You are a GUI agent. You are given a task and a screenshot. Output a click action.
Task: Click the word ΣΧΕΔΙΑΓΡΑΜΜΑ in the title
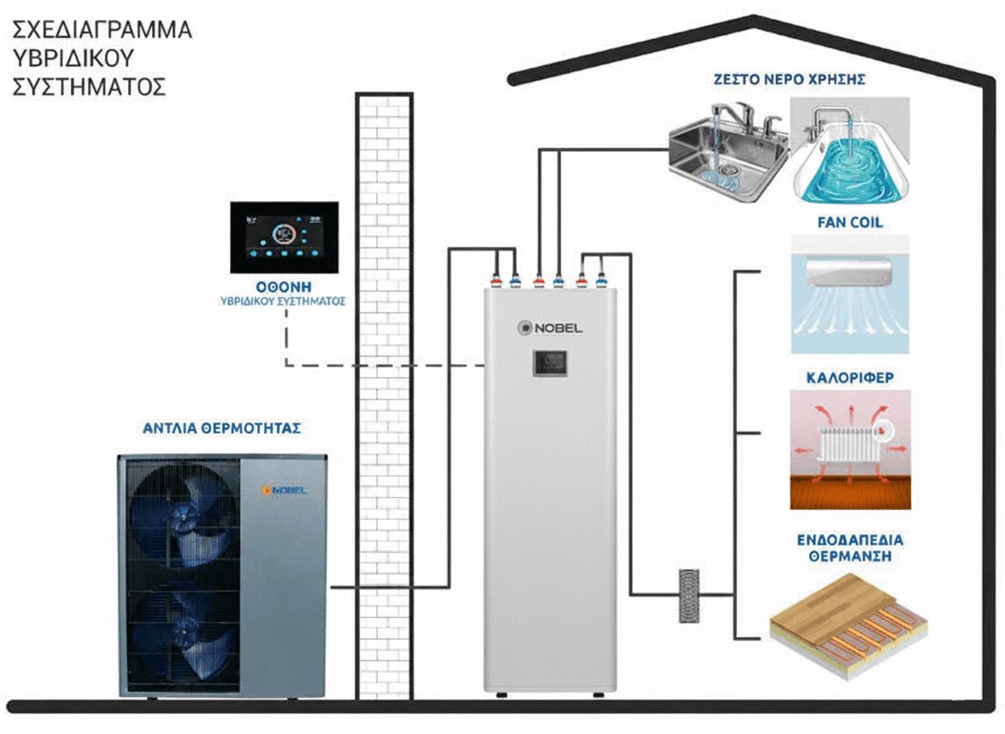point(102,31)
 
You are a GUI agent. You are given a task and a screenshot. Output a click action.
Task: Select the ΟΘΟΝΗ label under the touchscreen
point(285,286)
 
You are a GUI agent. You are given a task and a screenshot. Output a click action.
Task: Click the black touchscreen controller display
point(284,238)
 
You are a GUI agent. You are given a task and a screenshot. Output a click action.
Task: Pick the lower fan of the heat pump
point(180,633)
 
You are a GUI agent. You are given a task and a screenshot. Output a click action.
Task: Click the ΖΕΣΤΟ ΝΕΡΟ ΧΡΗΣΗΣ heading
point(789,80)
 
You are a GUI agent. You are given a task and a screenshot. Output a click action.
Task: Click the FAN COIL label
point(850,223)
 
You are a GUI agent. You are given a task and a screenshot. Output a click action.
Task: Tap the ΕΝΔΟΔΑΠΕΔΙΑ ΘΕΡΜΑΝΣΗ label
point(850,548)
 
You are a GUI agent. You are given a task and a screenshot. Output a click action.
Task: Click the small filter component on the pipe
point(688,596)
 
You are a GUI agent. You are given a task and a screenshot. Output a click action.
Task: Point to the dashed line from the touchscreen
point(382,365)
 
